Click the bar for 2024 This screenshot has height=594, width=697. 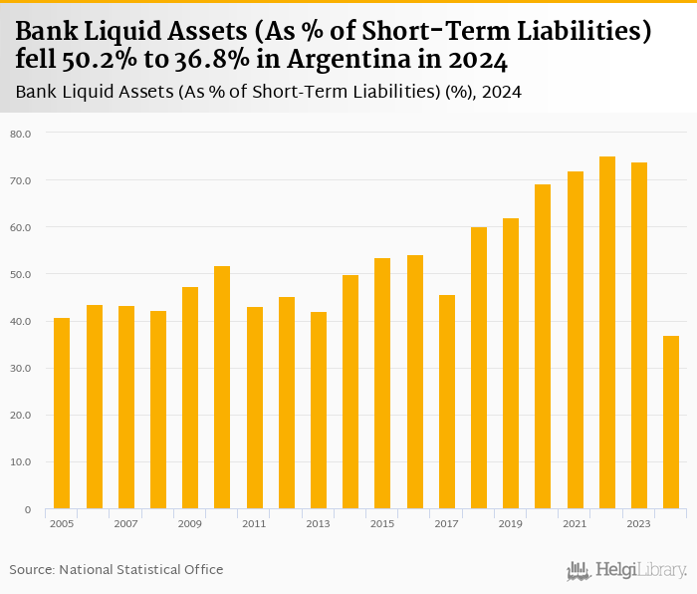(x=671, y=423)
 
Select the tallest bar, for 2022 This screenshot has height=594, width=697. (x=607, y=333)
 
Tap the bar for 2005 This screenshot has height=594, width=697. (x=62, y=414)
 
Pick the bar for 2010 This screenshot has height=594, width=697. (x=222, y=388)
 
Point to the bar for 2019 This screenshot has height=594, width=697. (x=511, y=364)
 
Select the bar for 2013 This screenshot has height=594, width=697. (x=319, y=411)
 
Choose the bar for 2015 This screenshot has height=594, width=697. (x=382, y=384)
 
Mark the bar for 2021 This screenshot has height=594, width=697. (x=576, y=340)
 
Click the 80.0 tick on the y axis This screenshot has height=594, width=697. (x=21, y=134)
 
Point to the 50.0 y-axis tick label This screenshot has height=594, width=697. (x=21, y=274)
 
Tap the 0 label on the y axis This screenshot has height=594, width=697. (x=27, y=509)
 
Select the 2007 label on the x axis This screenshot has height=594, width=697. (x=125, y=523)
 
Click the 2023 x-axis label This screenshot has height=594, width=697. (x=639, y=523)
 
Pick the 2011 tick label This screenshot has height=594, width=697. (x=254, y=523)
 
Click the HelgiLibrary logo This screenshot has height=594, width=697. (x=626, y=570)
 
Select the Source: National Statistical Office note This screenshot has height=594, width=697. (x=116, y=569)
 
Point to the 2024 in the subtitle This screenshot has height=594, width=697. (x=503, y=93)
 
